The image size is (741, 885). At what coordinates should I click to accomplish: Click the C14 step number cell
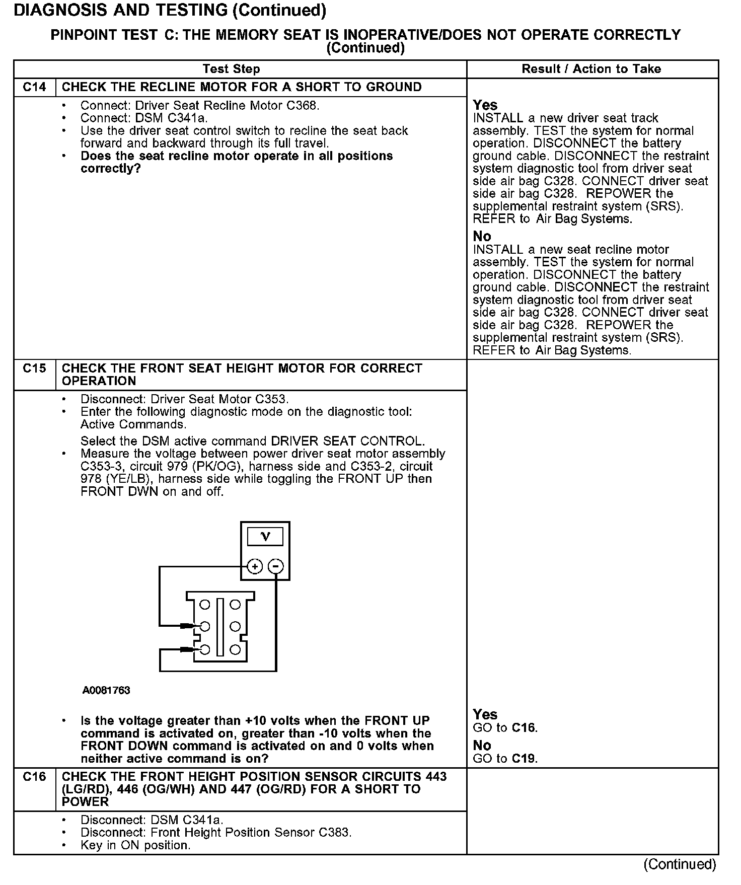click(x=34, y=87)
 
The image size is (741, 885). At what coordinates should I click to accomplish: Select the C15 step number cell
click(x=34, y=368)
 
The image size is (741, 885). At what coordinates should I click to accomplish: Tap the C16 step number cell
click(x=34, y=777)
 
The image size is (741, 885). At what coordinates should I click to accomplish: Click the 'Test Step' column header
click(x=231, y=69)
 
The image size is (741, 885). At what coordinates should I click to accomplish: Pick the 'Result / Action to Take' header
click(x=591, y=69)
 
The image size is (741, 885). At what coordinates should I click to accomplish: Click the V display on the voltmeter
click(x=265, y=537)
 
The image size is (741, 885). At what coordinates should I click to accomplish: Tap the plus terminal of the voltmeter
click(x=255, y=567)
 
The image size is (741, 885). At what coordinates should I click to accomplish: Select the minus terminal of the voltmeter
click(x=275, y=567)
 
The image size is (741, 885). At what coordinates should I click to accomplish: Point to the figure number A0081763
click(x=106, y=690)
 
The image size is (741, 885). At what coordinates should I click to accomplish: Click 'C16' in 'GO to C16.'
click(x=524, y=728)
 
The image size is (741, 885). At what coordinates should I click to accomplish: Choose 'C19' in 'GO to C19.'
click(x=524, y=759)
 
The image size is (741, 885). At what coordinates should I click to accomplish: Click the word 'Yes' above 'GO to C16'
click(x=485, y=715)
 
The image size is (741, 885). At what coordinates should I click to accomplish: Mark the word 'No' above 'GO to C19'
click(x=482, y=746)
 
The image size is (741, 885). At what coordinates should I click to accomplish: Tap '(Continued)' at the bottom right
click(x=680, y=864)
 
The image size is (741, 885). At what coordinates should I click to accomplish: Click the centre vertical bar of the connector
click(x=220, y=627)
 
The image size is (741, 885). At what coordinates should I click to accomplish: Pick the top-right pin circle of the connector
click(x=235, y=605)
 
